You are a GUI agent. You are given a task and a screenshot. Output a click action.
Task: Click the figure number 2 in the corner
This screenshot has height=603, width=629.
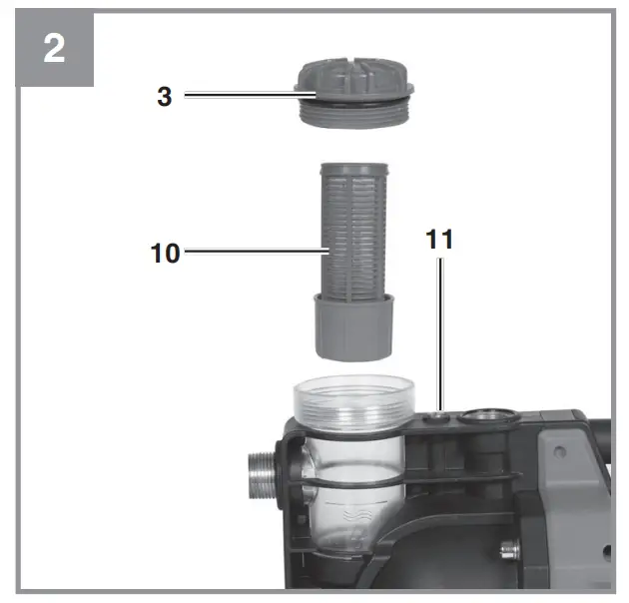pos(54,49)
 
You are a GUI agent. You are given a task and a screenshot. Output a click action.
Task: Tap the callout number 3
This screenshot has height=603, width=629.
pos(165,97)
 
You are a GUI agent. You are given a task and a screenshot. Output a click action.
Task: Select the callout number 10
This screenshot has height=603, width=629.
pos(165,254)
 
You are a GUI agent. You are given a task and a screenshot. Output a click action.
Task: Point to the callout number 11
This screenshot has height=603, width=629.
pos(439,240)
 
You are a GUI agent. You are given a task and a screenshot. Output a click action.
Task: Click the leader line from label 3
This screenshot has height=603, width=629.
pos(250,95)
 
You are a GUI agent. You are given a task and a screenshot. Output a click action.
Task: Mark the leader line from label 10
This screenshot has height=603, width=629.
pos(257,252)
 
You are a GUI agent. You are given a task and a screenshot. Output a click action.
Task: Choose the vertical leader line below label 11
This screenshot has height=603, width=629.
pos(440,334)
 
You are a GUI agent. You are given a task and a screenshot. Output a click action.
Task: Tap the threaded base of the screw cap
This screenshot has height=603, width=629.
pos(354,116)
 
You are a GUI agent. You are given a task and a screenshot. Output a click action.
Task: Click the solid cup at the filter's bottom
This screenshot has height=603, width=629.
pos(353,327)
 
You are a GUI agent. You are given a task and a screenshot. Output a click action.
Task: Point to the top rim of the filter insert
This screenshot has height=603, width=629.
pos(353,169)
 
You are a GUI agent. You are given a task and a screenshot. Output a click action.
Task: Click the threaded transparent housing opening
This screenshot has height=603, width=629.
pos(353,400)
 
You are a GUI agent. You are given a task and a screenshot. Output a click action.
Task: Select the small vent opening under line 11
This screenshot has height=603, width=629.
pos(437,418)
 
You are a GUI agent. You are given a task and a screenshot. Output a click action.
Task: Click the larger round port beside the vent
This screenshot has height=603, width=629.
pos(488,417)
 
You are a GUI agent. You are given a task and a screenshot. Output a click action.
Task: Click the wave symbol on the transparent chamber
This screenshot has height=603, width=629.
pos(353,514)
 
